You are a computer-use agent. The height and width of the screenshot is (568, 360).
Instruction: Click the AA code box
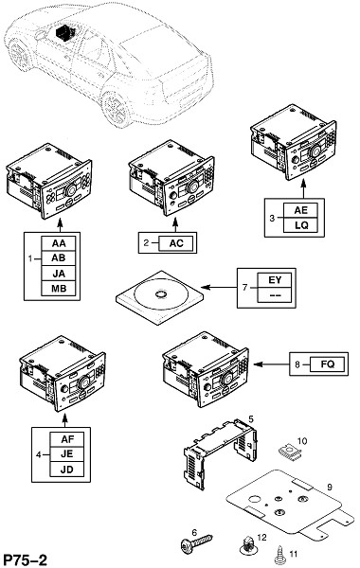tap(59, 243)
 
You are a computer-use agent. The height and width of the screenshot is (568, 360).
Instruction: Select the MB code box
tap(59, 289)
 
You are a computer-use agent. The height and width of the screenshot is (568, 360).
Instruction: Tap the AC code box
tap(176, 243)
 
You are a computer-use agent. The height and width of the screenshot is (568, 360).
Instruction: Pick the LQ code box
tap(300, 225)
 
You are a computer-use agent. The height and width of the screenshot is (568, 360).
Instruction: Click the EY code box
tap(275, 280)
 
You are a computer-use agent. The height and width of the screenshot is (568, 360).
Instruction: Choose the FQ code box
tap(328, 364)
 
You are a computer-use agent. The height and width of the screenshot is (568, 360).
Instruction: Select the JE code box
tap(67, 454)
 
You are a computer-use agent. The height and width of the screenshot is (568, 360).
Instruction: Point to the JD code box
tap(67, 470)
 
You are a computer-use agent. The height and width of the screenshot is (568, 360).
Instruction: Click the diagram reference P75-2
tap(25, 559)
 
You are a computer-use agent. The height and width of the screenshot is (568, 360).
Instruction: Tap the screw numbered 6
tap(196, 543)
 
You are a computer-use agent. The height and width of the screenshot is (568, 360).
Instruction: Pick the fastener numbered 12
tap(248, 546)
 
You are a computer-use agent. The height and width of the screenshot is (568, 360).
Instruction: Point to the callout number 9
tap(330, 487)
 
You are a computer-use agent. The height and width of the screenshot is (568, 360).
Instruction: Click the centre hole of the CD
tap(161, 294)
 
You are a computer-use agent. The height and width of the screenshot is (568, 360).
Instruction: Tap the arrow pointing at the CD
tap(219, 287)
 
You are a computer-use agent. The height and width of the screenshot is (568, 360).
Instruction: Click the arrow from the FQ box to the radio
tap(272, 364)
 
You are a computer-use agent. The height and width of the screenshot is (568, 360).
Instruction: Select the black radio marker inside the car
tap(64, 31)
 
